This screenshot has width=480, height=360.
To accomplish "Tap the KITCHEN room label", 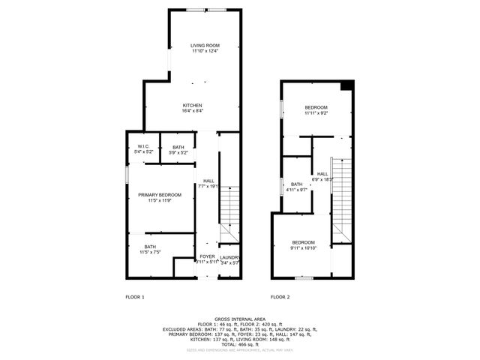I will coord(193,105).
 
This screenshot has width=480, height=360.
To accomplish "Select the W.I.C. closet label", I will coord(143,146).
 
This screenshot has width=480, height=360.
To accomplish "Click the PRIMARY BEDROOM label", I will coord(160,195).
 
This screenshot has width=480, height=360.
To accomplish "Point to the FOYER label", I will coord(207,257).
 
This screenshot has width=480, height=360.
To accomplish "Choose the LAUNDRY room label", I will coord(229,257).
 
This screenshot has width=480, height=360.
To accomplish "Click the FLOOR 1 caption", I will coord(134,297).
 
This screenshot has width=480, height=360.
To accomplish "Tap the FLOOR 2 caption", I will coord(280,297).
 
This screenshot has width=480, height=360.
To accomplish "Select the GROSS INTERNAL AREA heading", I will coord(239,318).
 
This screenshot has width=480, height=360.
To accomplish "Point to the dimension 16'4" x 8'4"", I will coord(193,111).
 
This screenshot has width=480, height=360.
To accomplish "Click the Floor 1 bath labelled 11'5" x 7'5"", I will coord(150,251).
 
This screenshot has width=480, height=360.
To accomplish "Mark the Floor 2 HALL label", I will coord(322,174).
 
